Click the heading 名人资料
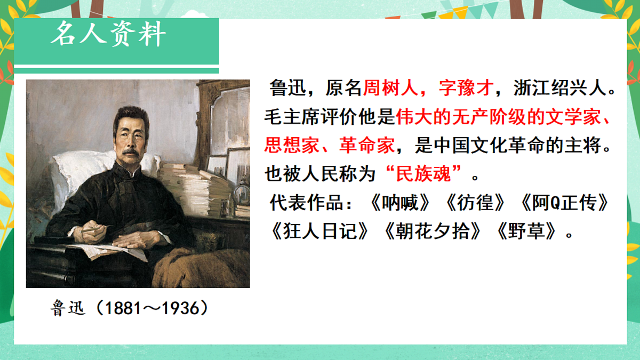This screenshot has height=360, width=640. click(x=108, y=35)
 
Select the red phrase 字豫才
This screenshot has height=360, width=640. click(x=464, y=88)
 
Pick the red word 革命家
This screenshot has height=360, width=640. click(x=368, y=145)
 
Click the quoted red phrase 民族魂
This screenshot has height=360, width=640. click(x=423, y=174)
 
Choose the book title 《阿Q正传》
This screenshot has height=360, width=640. click(x=564, y=203)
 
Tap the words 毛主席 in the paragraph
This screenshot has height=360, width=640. click(x=291, y=116)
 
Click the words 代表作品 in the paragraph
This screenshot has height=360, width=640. click(x=304, y=203)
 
